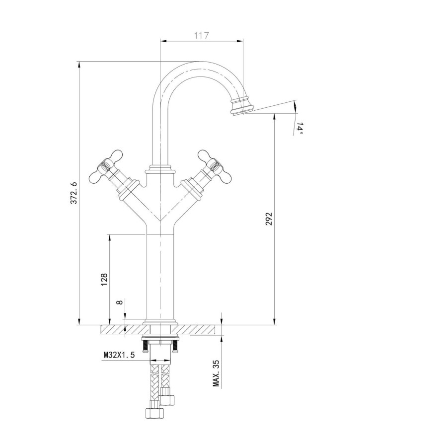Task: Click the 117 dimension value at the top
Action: pyautogui.click(x=201, y=35)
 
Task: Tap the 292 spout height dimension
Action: pyautogui.click(x=269, y=219)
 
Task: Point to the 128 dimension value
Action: pyautogui.click(x=104, y=280)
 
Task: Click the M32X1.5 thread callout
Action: pyautogui.click(x=119, y=355)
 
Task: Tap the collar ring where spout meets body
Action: pyautogui.click(x=160, y=170)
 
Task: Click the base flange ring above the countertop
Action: pyautogui.click(x=159, y=321)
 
